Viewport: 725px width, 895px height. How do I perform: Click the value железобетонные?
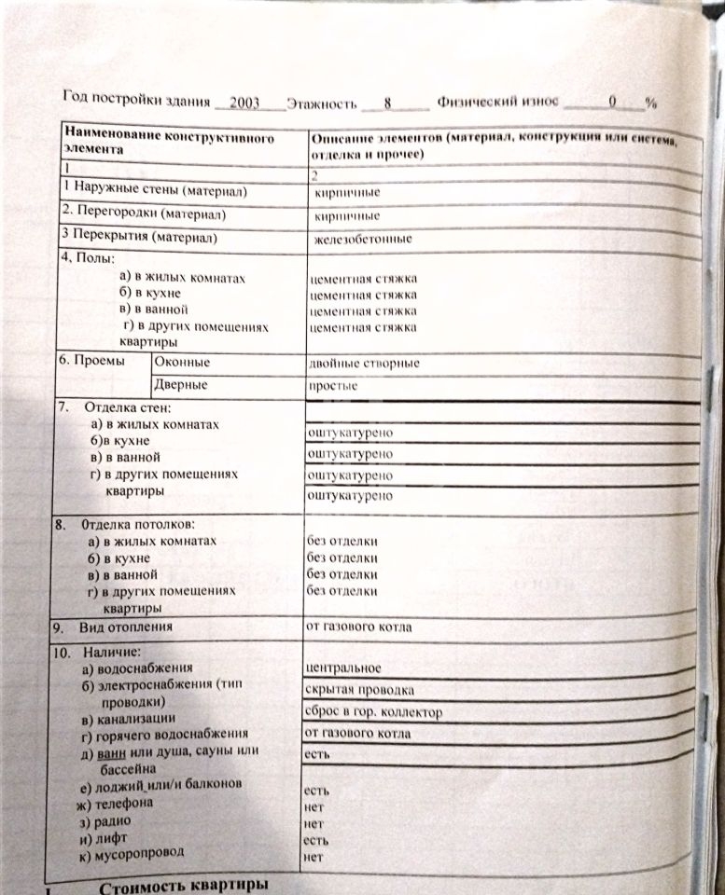(x=364, y=240)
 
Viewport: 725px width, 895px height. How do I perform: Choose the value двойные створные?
(x=363, y=363)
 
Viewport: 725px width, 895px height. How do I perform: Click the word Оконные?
(x=183, y=362)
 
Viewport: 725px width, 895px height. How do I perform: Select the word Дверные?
(x=181, y=384)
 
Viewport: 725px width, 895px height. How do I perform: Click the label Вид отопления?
(x=126, y=626)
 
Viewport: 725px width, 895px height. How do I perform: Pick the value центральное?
(x=343, y=668)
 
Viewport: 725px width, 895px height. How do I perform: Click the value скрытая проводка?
(x=359, y=691)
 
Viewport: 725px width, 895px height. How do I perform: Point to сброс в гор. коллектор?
(x=373, y=712)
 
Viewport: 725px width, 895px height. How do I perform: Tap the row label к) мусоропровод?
(x=132, y=852)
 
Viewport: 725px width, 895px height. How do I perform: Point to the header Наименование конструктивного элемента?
(x=168, y=143)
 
